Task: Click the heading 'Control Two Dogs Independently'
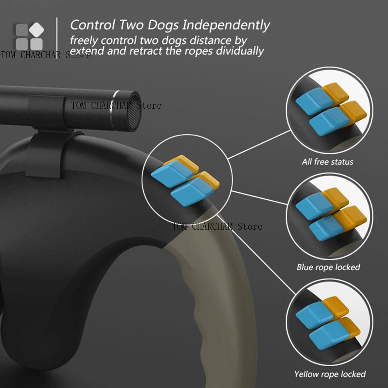click(170, 25)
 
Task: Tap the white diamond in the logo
click(36, 30)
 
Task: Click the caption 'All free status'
click(327, 162)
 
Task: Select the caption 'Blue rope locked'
click(328, 267)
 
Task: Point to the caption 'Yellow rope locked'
click(330, 374)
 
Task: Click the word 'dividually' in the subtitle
click(239, 51)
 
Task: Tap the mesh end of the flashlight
click(135, 111)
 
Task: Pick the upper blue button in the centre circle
click(172, 173)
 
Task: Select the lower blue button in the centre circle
click(192, 192)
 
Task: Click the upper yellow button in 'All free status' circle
click(336, 93)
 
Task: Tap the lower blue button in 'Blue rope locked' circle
click(327, 228)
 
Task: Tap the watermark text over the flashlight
click(116, 106)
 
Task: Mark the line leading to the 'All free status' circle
click(259, 144)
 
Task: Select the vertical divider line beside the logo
click(57, 35)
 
